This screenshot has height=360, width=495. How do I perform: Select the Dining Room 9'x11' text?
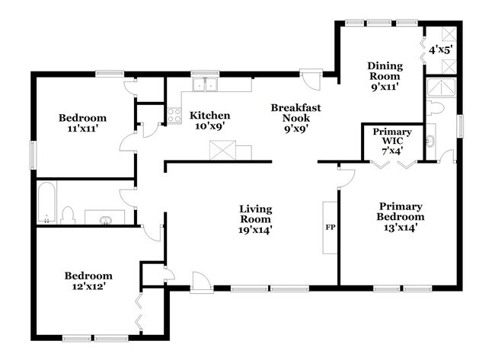click(x=385, y=76)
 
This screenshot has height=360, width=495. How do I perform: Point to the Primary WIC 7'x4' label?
click(x=392, y=142)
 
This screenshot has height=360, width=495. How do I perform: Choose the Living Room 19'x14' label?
click(x=256, y=218)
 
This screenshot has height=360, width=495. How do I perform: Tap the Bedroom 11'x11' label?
click(x=83, y=123)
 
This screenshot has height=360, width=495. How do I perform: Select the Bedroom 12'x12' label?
click(x=88, y=281)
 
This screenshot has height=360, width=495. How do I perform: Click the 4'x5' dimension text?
click(x=440, y=49)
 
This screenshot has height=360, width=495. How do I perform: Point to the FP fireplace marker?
click(x=330, y=227)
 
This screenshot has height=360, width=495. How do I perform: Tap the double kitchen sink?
click(x=205, y=85)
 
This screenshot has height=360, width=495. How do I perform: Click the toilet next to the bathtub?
click(x=68, y=215)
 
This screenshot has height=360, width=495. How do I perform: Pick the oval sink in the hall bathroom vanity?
click(x=104, y=220)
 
